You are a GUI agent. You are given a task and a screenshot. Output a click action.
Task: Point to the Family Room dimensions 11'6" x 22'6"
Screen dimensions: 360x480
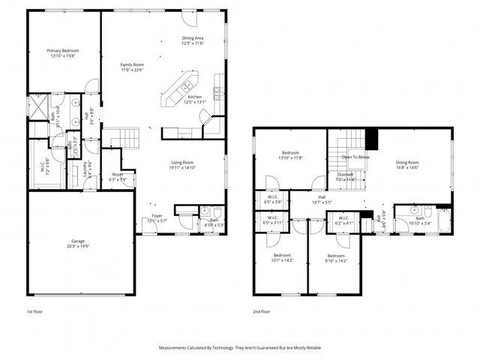tap(132, 70)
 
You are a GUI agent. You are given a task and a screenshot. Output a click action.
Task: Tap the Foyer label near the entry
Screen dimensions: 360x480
tap(157, 217)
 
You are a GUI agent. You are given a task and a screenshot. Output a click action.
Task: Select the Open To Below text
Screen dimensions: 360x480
tap(355, 157)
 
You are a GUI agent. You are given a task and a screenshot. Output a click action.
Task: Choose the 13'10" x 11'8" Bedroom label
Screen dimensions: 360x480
tap(291, 155)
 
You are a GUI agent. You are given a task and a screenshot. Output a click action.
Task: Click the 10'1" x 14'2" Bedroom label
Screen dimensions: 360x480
tap(282, 257)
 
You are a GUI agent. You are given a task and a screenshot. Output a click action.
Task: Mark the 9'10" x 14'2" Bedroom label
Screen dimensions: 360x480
tap(335, 257)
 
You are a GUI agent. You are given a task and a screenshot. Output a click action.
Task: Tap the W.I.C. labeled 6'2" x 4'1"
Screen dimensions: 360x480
tap(343, 220)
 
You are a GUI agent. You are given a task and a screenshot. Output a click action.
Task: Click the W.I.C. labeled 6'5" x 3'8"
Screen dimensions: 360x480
tap(272, 199)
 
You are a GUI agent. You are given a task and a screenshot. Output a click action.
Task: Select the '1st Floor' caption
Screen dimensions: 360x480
tap(35, 311)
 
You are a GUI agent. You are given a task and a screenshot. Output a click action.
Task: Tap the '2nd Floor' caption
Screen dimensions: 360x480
tap(262, 311)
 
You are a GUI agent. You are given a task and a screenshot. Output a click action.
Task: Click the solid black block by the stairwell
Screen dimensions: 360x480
tap(370, 139)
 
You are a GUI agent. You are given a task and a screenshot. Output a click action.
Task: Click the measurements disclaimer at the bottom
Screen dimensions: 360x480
tap(239, 348)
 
